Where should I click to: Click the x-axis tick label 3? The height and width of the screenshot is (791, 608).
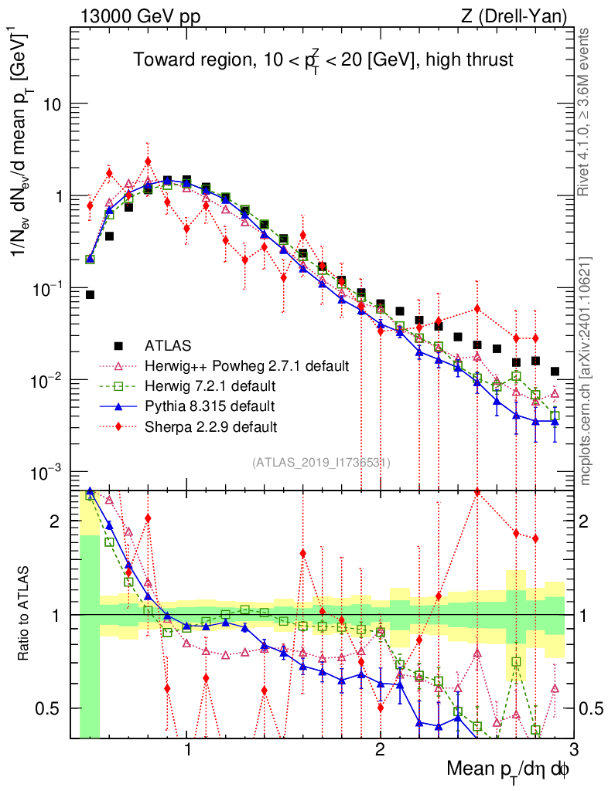coord(572,752)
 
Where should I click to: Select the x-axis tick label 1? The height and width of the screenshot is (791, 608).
coord(187,752)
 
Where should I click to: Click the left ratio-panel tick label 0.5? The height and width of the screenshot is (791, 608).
coord(50,708)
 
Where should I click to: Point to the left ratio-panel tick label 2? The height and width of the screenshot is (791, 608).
coord(55,521)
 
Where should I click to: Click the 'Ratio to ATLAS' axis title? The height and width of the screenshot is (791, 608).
coord(25,614)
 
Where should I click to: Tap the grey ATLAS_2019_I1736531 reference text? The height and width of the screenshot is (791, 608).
coord(321,463)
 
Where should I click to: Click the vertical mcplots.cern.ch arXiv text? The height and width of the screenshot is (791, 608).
coord(586,371)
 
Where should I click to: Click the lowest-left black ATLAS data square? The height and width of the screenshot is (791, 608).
coord(90,294)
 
